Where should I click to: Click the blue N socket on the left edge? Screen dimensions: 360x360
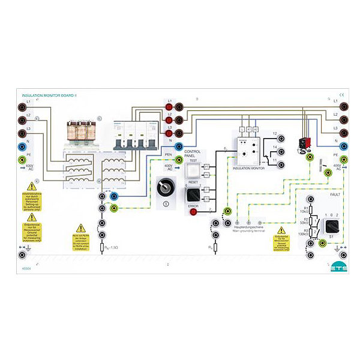pyautogui.click(x=23, y=146)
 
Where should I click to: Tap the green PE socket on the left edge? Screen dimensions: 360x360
pyautogui.click(x=23, y=160)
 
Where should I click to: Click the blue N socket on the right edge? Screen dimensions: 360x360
pyautogui.click(x=343, y=145)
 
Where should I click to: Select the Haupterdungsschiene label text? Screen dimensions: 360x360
pyautogui.click(x=250, y=227)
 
